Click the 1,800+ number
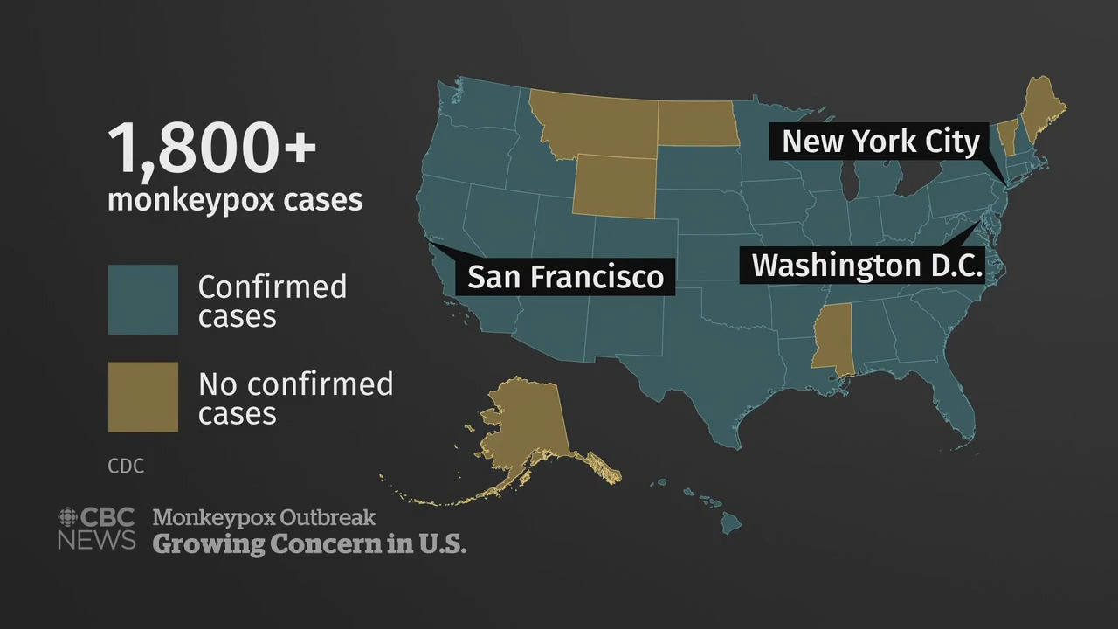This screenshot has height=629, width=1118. tap(211, 148)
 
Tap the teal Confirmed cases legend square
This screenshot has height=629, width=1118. tap(143, 300)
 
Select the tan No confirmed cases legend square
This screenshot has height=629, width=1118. tap(143, 397)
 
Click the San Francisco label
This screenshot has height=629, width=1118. tap(565, 276)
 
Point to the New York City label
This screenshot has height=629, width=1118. tap(880, 141)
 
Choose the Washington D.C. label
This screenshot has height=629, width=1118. tap(867, 265)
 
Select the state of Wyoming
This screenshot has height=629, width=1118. tap(614, 184)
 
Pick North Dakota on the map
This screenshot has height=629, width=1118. tap(697, 123)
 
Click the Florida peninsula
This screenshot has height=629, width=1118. tap(956, 406)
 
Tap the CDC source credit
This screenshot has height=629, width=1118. tap(126, 467)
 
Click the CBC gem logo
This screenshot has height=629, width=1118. tap(68, 516)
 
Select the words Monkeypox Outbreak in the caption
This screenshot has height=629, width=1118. tap(264, 517)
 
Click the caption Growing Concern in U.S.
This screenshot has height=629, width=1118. tap(309, 543)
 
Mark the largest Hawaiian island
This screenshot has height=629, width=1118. tap(731, 522)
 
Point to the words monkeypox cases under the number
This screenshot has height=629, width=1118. tap(234, 200)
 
